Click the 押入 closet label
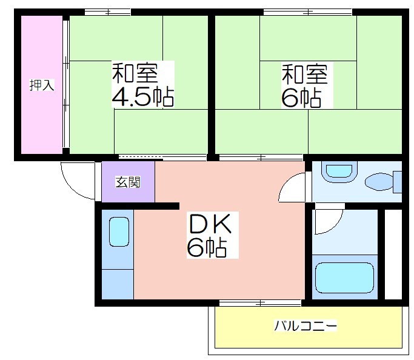42,85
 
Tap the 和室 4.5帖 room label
143,84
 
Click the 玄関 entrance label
128,182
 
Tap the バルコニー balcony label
305,325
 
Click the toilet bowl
379,182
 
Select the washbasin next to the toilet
339,172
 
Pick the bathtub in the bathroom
345,278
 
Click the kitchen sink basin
119,232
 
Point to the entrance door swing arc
78,181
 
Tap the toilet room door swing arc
292,187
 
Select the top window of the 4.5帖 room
108,12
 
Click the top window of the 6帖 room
308,12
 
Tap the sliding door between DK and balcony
260,303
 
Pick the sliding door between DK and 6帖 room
261,158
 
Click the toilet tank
398,182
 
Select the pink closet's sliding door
66,85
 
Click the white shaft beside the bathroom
393,255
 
